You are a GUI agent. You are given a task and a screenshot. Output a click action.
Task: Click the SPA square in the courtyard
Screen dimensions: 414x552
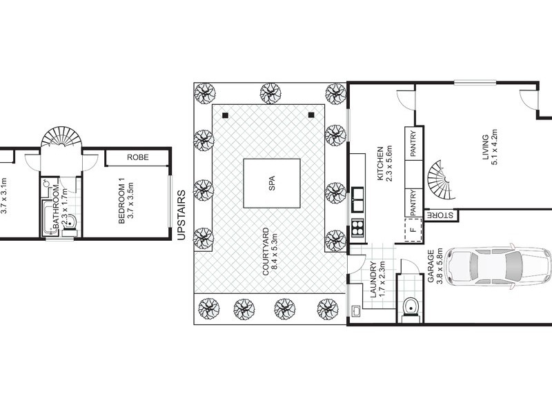pyautogui.click(x=271, y=184)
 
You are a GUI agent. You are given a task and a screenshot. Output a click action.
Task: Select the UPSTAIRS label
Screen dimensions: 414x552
pyautogui.click(x=181, y=215)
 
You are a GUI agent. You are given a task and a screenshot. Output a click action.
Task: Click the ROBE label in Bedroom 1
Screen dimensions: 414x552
pyautogui.click(x=137, y=158)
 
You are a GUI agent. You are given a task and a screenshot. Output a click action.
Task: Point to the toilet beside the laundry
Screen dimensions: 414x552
pyautogui.click(x=410, y=306)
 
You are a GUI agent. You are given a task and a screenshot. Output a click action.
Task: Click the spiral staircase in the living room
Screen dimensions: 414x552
pyautogui.click(x=439, y=179)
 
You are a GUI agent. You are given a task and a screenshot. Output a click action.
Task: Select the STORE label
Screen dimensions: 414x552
pyautogui.click(x=439, y=216)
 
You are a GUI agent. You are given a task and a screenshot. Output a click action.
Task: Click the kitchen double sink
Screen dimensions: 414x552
pyautogui.click(x=358, y=199)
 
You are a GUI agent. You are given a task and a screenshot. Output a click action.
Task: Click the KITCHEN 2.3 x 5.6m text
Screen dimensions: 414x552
pyautogui.click(x=384, y=165)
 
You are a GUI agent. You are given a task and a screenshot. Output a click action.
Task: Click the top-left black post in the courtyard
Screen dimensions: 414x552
pyautogui.click(x=225, y=115)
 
